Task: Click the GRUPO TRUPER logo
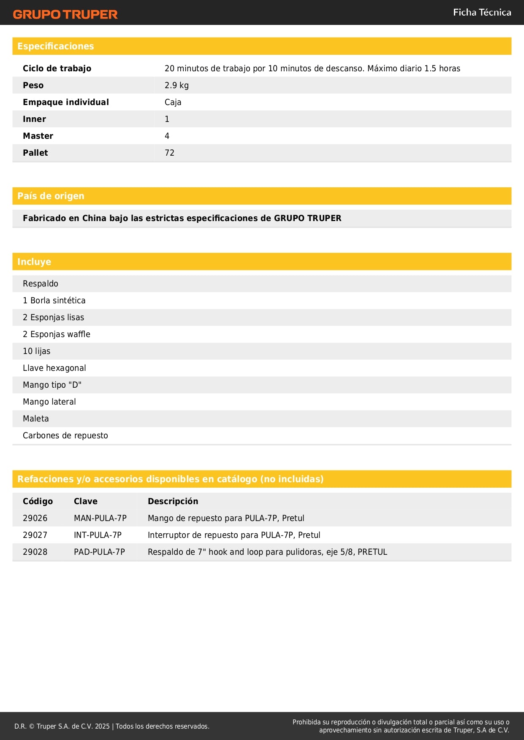pos(65,14)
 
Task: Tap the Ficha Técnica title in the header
pos(482,12)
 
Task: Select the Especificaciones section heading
pos(56,46)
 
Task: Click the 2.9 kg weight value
pos(176,85)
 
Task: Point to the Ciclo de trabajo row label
pos(57,68)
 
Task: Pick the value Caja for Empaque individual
pos(173,102)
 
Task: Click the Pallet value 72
pos(169,153)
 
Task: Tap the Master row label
pos(38,136)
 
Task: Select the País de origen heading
pos(51,196)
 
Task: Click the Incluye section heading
pos(34,262)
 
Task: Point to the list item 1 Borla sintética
pos(54,300)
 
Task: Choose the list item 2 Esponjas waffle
pos(57,334)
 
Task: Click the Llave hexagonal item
pos(54,368)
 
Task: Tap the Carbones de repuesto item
pos(65,435)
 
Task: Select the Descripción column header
pos(173,501)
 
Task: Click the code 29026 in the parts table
pos(35,518)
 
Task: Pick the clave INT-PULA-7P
pos(98,535)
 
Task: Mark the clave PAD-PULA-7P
pos(99,552)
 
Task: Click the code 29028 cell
pos(35,552)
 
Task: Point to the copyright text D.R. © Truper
pos(111,726)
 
